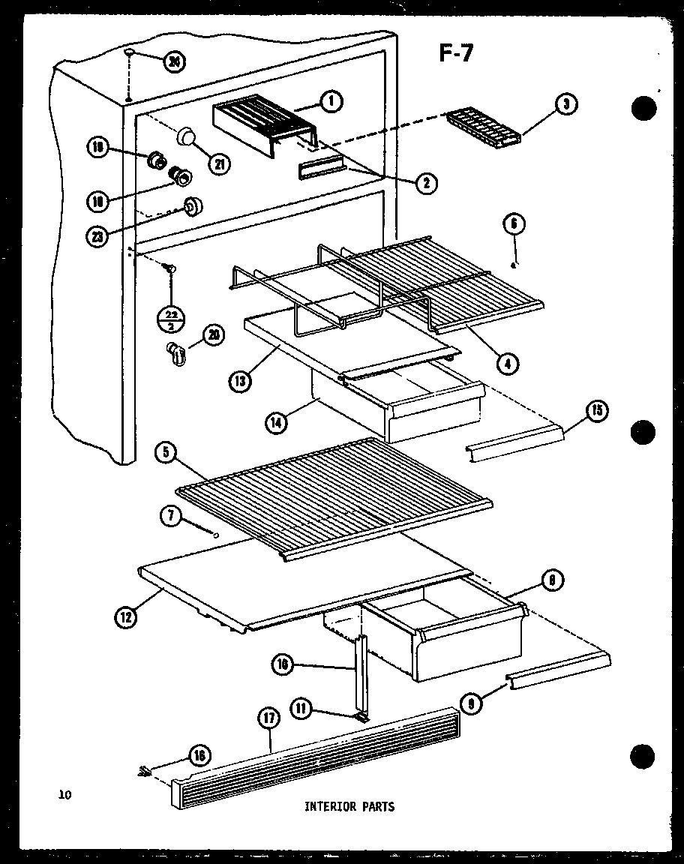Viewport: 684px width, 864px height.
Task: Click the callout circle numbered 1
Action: [x=330, y=101]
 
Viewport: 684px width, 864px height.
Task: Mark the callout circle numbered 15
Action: [x=597, y=410]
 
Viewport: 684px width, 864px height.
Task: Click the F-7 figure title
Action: [x=454, y=54]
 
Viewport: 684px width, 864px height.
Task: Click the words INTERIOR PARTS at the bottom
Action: [x=349, y=807]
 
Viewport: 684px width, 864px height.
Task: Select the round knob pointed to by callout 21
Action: [x=187, y=137]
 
